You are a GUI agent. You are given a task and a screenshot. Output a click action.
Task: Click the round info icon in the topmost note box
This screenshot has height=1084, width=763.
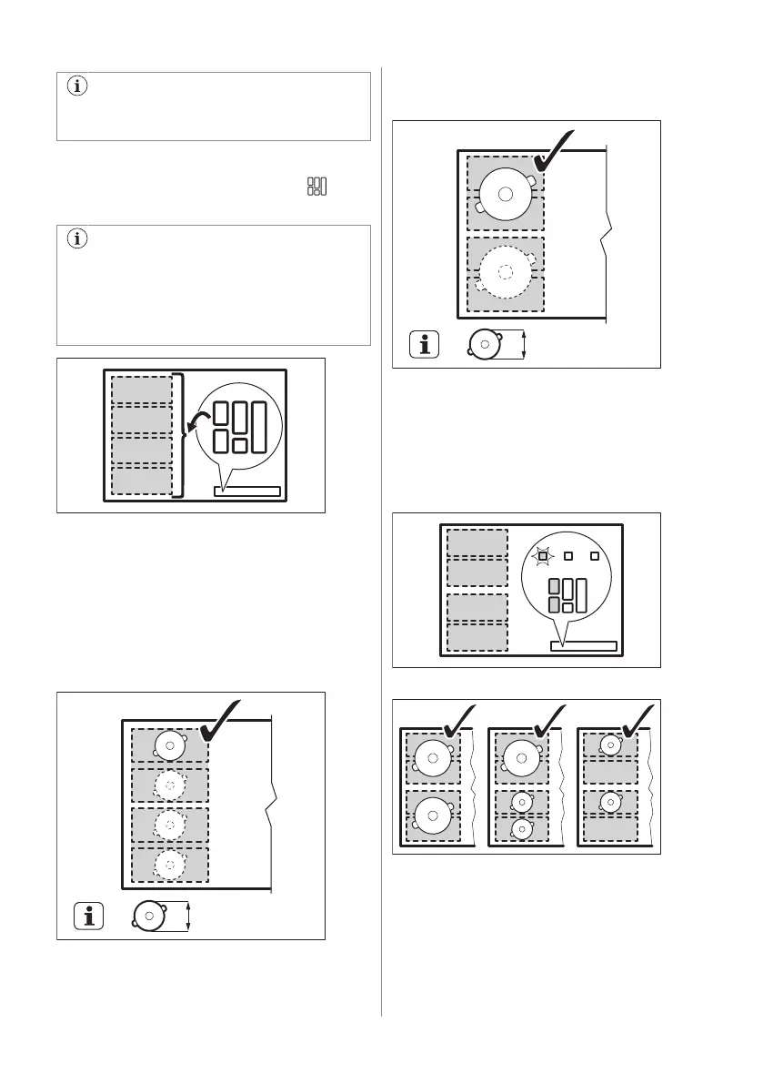pyautogui.click(x=77, y=87)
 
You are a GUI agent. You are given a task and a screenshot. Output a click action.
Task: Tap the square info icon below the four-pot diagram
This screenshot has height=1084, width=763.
pyautogui.click(x=88, y=916)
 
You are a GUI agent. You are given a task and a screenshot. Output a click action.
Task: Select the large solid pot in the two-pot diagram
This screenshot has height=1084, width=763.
pyautogui.click(x=506, y=194)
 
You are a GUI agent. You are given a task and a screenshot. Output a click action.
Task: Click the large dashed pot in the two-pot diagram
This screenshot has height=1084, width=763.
pyautogui.click(x=506, y=271)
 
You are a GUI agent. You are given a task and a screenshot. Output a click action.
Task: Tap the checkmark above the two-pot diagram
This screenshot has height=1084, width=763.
pyautogui.click(x=555, y=149)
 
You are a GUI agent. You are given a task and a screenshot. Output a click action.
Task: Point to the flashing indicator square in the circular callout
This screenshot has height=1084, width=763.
pyautogui.click(x=543, y=555)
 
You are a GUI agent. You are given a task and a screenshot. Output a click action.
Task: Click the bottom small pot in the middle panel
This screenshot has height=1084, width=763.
pyautogui.click(x=520, y=829)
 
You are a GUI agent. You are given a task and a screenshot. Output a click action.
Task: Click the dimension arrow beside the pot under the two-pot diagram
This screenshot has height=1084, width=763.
pyautogui.click(x=525, y=344)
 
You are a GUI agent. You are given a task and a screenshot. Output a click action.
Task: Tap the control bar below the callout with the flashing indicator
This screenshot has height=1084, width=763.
pyautogui.click(x=584, y=646)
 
